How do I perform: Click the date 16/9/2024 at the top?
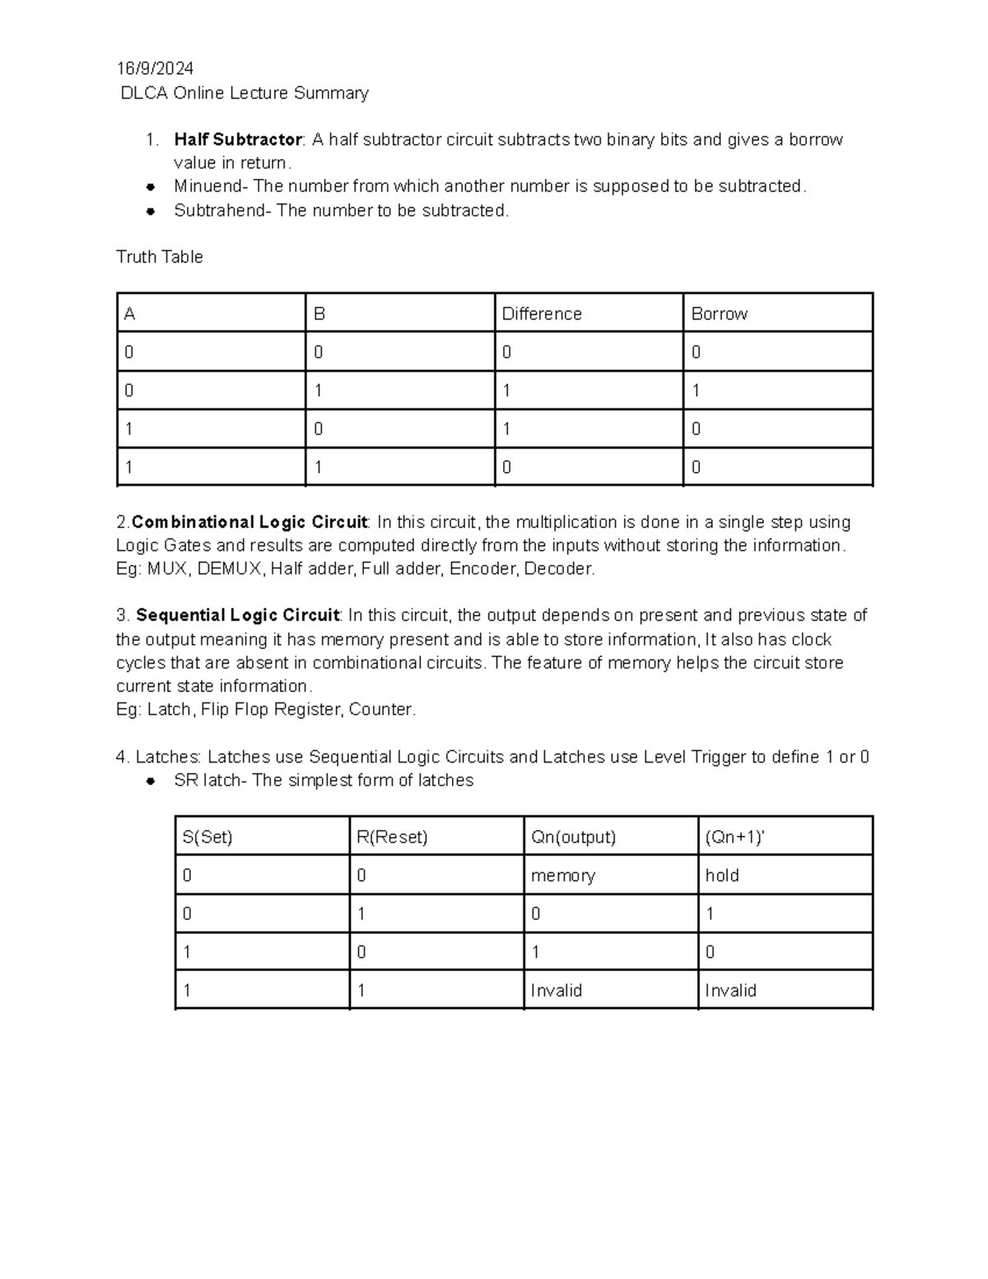coord(155,68)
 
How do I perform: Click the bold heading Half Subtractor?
coord(238,140)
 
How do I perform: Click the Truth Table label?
coord(160,257)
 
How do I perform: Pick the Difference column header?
coord(542,314)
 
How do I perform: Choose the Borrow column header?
coord(719,314)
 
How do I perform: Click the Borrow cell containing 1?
coord(697,391)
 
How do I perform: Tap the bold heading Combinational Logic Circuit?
coord(249,523)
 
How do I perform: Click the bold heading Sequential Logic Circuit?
coord(238,616)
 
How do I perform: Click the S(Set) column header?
coord(207,838)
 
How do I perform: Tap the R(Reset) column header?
coord(392,838)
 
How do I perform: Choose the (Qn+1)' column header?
coord(734,838)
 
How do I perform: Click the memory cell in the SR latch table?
coord(562,876)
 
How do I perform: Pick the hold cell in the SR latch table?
coord(722,876)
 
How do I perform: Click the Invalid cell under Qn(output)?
coord(556,991)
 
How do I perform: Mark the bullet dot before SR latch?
coord(151,782)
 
